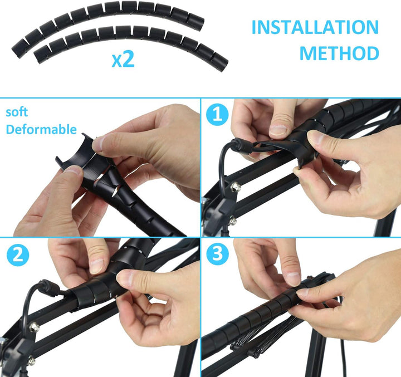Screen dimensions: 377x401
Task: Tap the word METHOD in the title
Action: pyautogui.click(x=339, y=53)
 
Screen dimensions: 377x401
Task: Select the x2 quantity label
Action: pyautogui.click(x=123, y=59)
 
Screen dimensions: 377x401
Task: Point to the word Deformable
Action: pyautogui.click(x=41, y=129)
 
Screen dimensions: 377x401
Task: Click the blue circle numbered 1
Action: pyautogui.click(x=218, y=115)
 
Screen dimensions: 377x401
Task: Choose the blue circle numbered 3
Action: pyautogui.click(x=218, y=254)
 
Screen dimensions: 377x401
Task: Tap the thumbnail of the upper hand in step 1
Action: pyautogui.click(x=278, y=130)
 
